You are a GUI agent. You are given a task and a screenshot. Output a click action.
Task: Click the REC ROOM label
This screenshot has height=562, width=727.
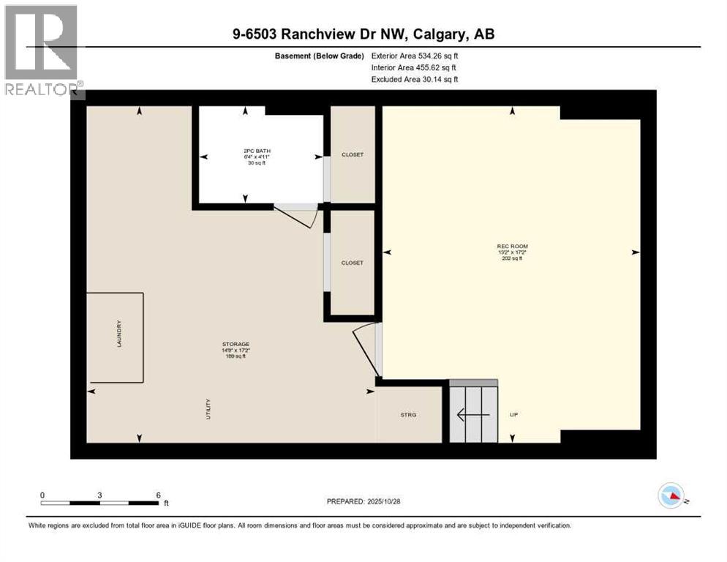[512, 247]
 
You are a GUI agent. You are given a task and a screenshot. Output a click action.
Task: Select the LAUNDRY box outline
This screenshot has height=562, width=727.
[116, 337]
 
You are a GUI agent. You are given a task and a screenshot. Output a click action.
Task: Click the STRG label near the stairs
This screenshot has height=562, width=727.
[408, 415]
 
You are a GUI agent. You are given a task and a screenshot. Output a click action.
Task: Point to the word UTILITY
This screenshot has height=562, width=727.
[208, 408]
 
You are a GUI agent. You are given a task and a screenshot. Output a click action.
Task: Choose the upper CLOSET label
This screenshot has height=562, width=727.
[353, 154]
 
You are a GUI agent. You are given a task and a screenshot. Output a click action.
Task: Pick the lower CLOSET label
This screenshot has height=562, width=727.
[353, 263]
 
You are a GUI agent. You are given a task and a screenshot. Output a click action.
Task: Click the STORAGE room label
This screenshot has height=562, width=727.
[236, 344]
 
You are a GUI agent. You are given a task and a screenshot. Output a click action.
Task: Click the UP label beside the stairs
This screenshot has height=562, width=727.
[513, 415]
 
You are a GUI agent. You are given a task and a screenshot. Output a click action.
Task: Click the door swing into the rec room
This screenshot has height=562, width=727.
[366, 348]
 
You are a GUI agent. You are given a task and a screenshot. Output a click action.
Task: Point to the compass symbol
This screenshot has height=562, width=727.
[671, 496]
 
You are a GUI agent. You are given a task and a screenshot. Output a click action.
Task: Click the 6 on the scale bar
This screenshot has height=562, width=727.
[158, 495]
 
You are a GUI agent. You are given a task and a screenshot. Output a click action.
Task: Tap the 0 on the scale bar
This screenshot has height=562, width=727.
[42, 495]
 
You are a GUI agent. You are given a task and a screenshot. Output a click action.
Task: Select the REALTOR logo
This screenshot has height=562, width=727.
[42, 51]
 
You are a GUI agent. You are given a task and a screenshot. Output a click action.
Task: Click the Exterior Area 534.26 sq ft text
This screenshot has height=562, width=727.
[415, 56]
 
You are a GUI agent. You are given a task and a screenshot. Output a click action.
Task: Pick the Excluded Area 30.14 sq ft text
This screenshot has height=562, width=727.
[415, 79]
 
